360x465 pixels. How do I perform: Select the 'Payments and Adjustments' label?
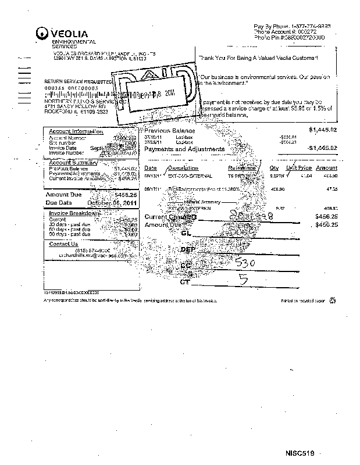[184, 149]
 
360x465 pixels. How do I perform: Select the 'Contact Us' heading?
[63, 244]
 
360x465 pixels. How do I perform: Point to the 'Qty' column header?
[274, 168]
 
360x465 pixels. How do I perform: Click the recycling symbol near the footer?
[332, 301]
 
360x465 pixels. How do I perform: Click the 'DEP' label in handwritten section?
[187, 249]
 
